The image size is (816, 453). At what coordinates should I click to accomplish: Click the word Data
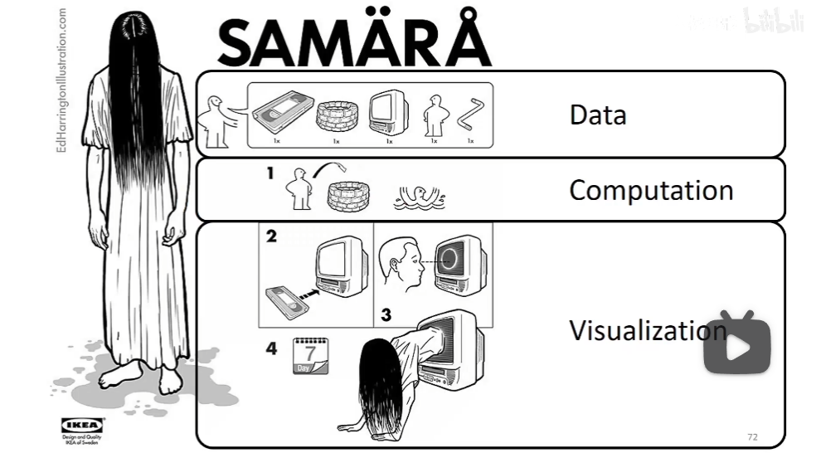pos(597,114)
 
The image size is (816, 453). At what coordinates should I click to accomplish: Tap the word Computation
pos(650,190)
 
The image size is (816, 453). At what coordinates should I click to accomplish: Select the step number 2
pos(271,236)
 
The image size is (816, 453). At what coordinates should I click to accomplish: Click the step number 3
pos(386,314)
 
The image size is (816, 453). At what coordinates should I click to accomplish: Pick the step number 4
pos(271,348)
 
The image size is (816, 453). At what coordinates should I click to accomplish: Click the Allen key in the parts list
pos(471,114)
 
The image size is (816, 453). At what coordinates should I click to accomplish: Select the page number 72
pos(752,437)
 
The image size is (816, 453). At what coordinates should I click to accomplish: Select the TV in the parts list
pos(388,112)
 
